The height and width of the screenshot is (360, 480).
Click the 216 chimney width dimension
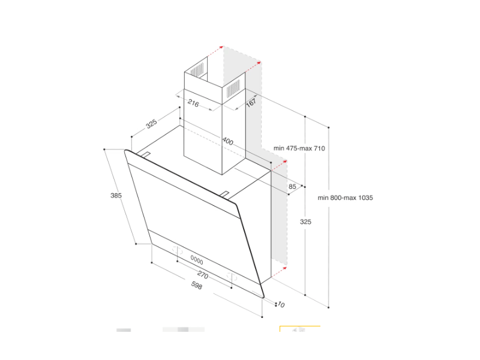(193, 103)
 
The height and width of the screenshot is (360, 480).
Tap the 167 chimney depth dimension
(251, 101)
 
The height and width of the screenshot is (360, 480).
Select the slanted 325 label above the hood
(151, 124)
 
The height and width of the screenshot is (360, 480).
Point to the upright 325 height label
(305, 221)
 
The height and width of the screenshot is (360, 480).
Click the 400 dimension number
(228, 141)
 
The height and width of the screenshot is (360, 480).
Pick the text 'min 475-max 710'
(299, 148)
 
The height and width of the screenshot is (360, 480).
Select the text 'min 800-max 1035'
(345, 198)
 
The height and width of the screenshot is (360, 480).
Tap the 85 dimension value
(292, 187)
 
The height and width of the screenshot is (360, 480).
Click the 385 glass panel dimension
(116, 196)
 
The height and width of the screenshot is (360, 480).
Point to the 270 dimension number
(203, 275)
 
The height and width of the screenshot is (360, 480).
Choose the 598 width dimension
(197, 286)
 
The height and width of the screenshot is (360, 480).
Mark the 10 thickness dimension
(281, 305)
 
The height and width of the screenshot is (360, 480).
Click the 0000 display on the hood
(197, 260)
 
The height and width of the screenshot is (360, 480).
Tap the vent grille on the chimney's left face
(197, 70)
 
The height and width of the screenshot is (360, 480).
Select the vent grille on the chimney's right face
(233, 87)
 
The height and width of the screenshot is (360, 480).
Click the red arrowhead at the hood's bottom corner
(284, 268)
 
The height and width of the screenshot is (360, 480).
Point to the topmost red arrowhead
(221, 47)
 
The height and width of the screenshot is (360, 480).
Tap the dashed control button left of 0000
(177, 250)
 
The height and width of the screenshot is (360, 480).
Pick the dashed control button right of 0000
(232, 277)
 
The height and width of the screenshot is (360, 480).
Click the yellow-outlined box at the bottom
(300, 329)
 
